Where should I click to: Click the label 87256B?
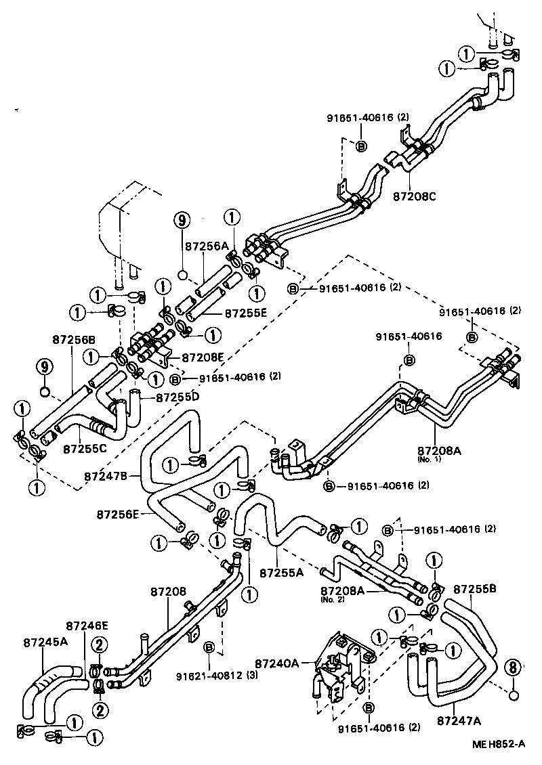tap(74, 339)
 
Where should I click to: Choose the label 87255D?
tap(178, 396)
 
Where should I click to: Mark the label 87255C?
tap(85, 449)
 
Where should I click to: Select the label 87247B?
tap(106, 476)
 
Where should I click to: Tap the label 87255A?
tap(282, 572)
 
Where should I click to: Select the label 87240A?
tap(277, 663)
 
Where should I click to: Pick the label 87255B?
tap(475, 589)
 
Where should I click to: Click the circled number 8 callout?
tap(513, 668)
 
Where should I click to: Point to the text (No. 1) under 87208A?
tap(430, 460)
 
